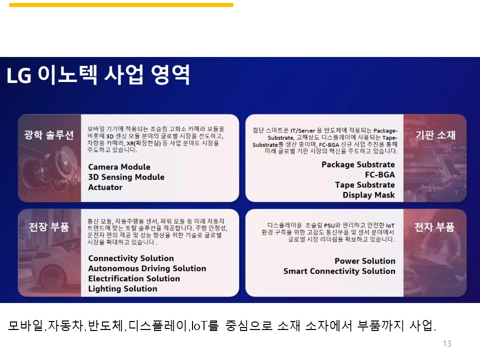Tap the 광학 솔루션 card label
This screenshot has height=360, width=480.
(49, 135)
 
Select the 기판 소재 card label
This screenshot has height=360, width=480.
(435, 135)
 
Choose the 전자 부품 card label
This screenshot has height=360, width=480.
(434, 227)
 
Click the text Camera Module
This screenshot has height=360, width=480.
(119, 167)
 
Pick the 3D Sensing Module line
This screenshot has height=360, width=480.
(126, 177)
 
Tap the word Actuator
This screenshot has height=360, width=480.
(105, 187)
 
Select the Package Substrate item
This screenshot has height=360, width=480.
(358, 164)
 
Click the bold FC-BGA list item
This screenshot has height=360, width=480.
(379, 175)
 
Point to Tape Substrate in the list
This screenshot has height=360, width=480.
(364, 185)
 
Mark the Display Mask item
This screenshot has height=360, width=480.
(368, 195)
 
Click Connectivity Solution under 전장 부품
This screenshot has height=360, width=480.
(131, 258)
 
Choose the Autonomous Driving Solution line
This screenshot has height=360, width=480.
(147, 268)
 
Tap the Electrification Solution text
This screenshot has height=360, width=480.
(134, 278)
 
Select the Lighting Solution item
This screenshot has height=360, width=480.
(122, 288)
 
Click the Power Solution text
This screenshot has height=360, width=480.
(365, 261)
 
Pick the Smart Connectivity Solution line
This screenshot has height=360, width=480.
(339, 271)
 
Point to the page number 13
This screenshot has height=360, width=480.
(447, 343)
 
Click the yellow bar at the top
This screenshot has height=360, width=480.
(121, 5)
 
